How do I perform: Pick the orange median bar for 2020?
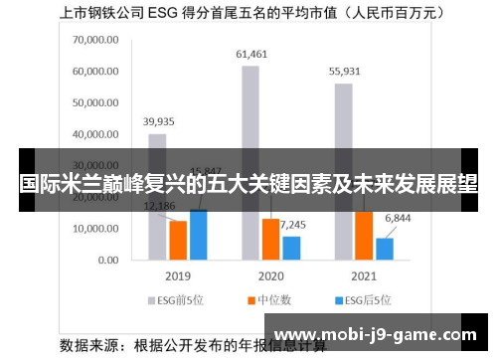270,239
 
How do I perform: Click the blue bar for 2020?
291,247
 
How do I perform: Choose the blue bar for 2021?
385,248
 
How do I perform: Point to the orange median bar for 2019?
178,239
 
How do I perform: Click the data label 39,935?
157,121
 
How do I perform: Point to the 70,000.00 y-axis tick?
95,40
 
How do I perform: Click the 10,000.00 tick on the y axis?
95,229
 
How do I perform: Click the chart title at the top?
248,14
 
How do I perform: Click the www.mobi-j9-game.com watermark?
380,335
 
